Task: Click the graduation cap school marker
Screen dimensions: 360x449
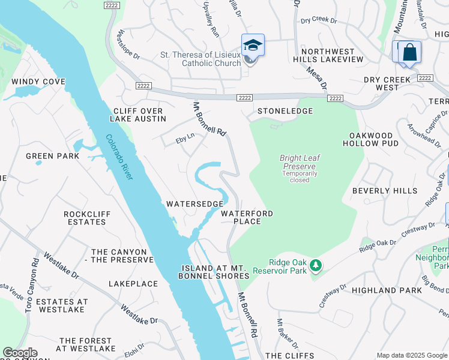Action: (x=253, y=46)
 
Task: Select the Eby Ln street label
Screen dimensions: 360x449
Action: (x=185, y=138)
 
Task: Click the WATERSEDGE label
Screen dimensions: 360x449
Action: (x=194, y=204)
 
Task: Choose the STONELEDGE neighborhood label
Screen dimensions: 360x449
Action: (x=285, y=111)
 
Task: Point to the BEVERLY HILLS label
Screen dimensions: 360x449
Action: (x=384, y=191)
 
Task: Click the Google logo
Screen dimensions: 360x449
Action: (x=20, y=353)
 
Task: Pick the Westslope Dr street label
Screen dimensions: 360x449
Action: (x=129, y=44)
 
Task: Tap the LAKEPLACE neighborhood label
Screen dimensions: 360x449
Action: (x=133, y=283)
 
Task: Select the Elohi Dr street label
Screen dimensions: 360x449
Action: (x=136, y=349)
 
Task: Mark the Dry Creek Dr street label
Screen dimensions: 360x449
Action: (x=319, y=20)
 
